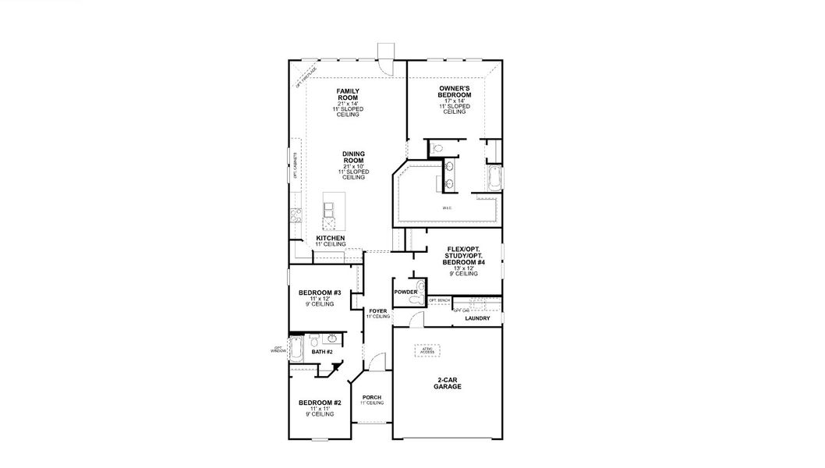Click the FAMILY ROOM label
coord(349,94)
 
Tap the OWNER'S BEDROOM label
coord(455,90)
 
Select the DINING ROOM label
coord(353,157)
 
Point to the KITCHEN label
coord(330,238)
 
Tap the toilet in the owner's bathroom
coord(437,148)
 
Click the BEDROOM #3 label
coord(320,293)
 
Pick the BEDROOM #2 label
coord(320,402)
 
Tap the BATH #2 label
coord(322,352)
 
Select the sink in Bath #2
coord(332,339)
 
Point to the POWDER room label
coord(405,292)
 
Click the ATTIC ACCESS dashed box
coord(427,349)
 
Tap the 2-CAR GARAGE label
coord(447,383)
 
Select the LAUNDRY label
coord(477,318)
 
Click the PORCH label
coord(372,398)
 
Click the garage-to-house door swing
coord(417,318)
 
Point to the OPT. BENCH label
coord(439,300)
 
